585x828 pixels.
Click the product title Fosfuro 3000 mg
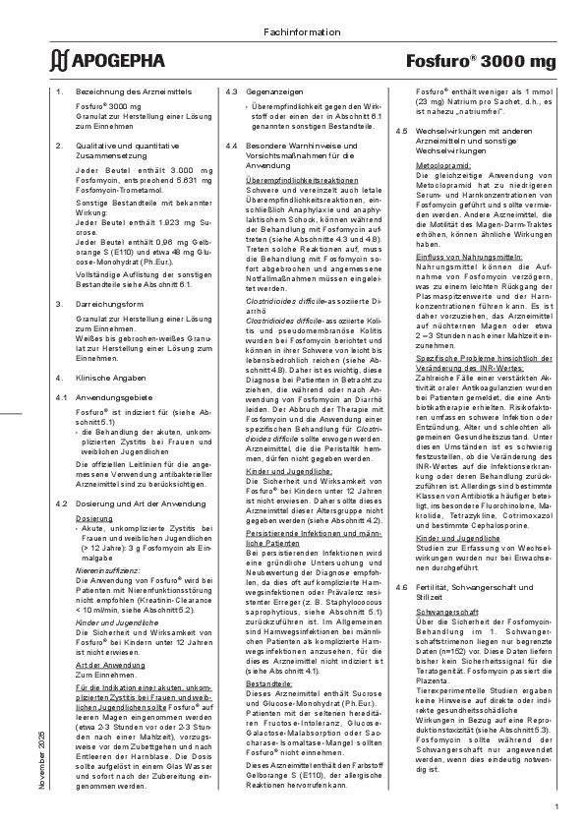[481, 62]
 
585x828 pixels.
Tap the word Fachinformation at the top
[292, 35]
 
